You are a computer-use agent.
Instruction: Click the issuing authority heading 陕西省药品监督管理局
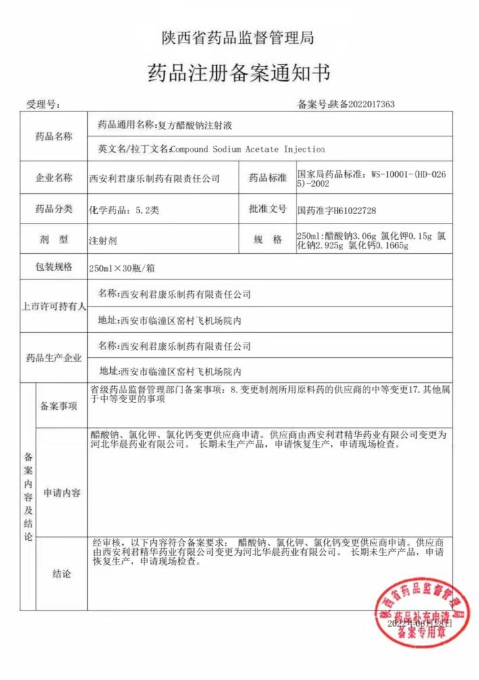238,38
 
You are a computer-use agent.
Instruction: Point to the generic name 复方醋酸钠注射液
194,126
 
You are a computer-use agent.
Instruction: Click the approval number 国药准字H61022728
336,211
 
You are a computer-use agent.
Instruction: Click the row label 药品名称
53,136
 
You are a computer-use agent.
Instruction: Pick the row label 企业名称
53,178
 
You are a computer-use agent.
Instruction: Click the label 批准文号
268,209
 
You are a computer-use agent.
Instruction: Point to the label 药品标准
268,178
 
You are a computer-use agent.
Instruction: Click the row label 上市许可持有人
53,306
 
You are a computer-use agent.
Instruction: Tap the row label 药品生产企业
53,358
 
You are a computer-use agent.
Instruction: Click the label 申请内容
61,494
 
